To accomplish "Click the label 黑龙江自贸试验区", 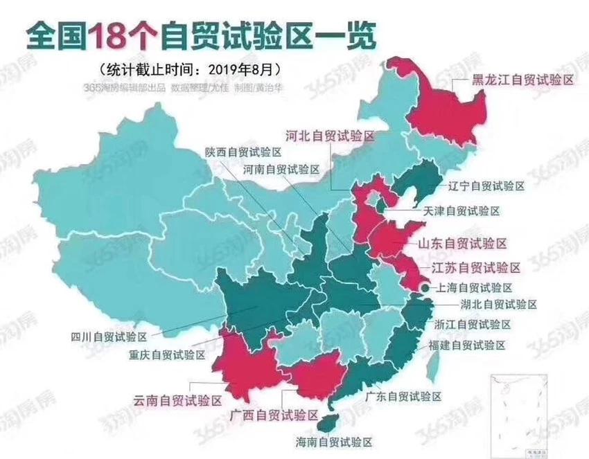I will (523, 80).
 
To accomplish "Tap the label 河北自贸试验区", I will (330, 136).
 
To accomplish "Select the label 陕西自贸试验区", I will (243, 152).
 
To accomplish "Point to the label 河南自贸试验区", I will (281, 168).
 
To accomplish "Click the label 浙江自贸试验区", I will (474, 324).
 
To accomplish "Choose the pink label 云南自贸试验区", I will (177, 400).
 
